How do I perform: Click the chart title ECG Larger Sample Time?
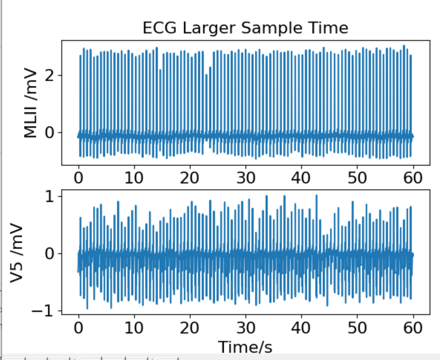[x=245, y=28]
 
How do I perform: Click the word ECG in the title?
[x=156, y=28]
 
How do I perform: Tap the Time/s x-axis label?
[x=245, y=347]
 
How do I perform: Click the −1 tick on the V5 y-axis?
[x=46, y=311]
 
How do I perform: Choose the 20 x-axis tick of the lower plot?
[x=190, y=328]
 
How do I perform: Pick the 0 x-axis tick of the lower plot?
[x=78, y=328]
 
